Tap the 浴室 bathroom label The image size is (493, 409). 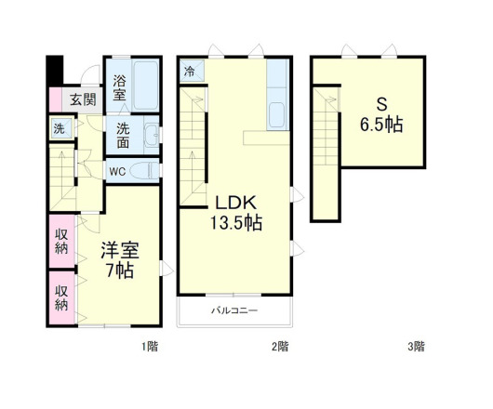121,89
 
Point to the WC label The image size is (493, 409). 117,171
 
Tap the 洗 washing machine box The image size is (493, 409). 58,129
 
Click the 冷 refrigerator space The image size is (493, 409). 190,72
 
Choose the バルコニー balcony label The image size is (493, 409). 233,310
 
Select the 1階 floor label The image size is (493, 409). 150,347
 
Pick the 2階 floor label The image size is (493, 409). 280,347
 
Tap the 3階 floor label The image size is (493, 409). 415,347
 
